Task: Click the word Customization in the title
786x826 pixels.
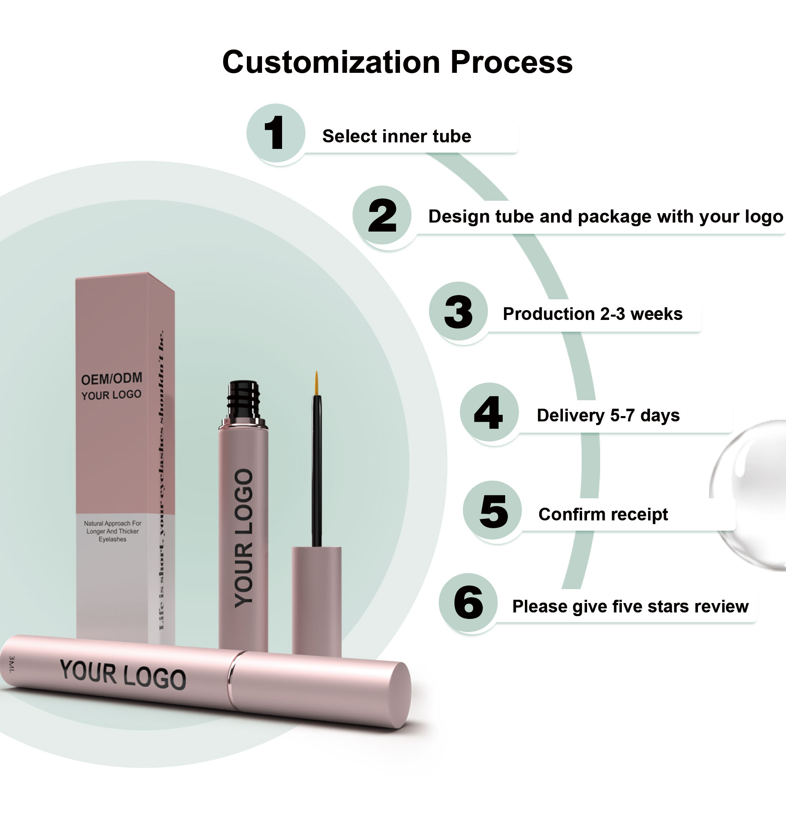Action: [331, 62]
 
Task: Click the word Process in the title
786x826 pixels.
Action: [511, 62]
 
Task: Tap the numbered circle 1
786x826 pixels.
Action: [275, 133]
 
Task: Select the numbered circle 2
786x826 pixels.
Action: [382, 216]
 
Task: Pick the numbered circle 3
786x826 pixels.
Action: [458, 311]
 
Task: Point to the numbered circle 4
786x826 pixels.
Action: [489, 412]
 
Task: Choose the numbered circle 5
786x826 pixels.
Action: [493, 510]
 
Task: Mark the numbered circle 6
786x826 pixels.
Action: [468, 603]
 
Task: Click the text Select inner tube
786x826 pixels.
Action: [396, 136]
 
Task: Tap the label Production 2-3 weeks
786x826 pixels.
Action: [592, 314]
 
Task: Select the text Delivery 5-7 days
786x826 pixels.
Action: [608, 415]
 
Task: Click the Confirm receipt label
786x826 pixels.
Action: [603, 514]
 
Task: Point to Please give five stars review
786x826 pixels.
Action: [630, 606]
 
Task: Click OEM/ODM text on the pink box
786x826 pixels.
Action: [111, 378]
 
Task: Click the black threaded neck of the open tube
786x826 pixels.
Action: [244, 400]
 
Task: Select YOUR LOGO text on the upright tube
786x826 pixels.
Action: [244, 538]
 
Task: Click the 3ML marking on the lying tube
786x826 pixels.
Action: [11, 664]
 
